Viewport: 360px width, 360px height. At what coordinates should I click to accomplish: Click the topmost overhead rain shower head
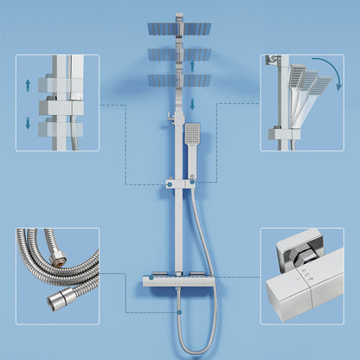179,26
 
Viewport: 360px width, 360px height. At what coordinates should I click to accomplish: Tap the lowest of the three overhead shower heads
179,80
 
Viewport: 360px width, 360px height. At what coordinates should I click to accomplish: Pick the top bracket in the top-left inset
61,85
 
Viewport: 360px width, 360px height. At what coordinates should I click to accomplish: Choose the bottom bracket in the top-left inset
61,126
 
